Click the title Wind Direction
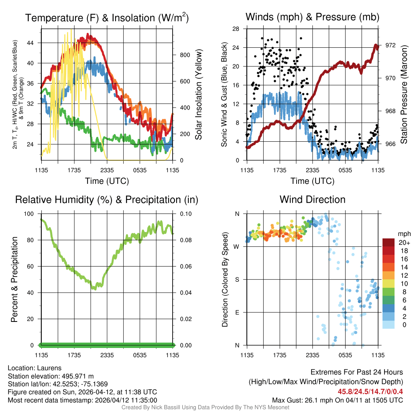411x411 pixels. tap(312, 199)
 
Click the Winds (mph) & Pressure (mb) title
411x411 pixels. tap(312, 17)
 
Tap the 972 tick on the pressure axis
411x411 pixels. tap(390, 45)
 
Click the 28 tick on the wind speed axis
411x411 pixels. tap(236, 28)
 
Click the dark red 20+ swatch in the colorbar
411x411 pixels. tap(388, 242)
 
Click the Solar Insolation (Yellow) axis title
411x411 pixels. tap(199, 95)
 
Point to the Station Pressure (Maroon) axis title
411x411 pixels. tap(404, 95)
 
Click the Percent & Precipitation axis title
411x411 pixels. tap(14, 279)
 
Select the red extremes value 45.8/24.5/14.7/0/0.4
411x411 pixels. tap(370, 391)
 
